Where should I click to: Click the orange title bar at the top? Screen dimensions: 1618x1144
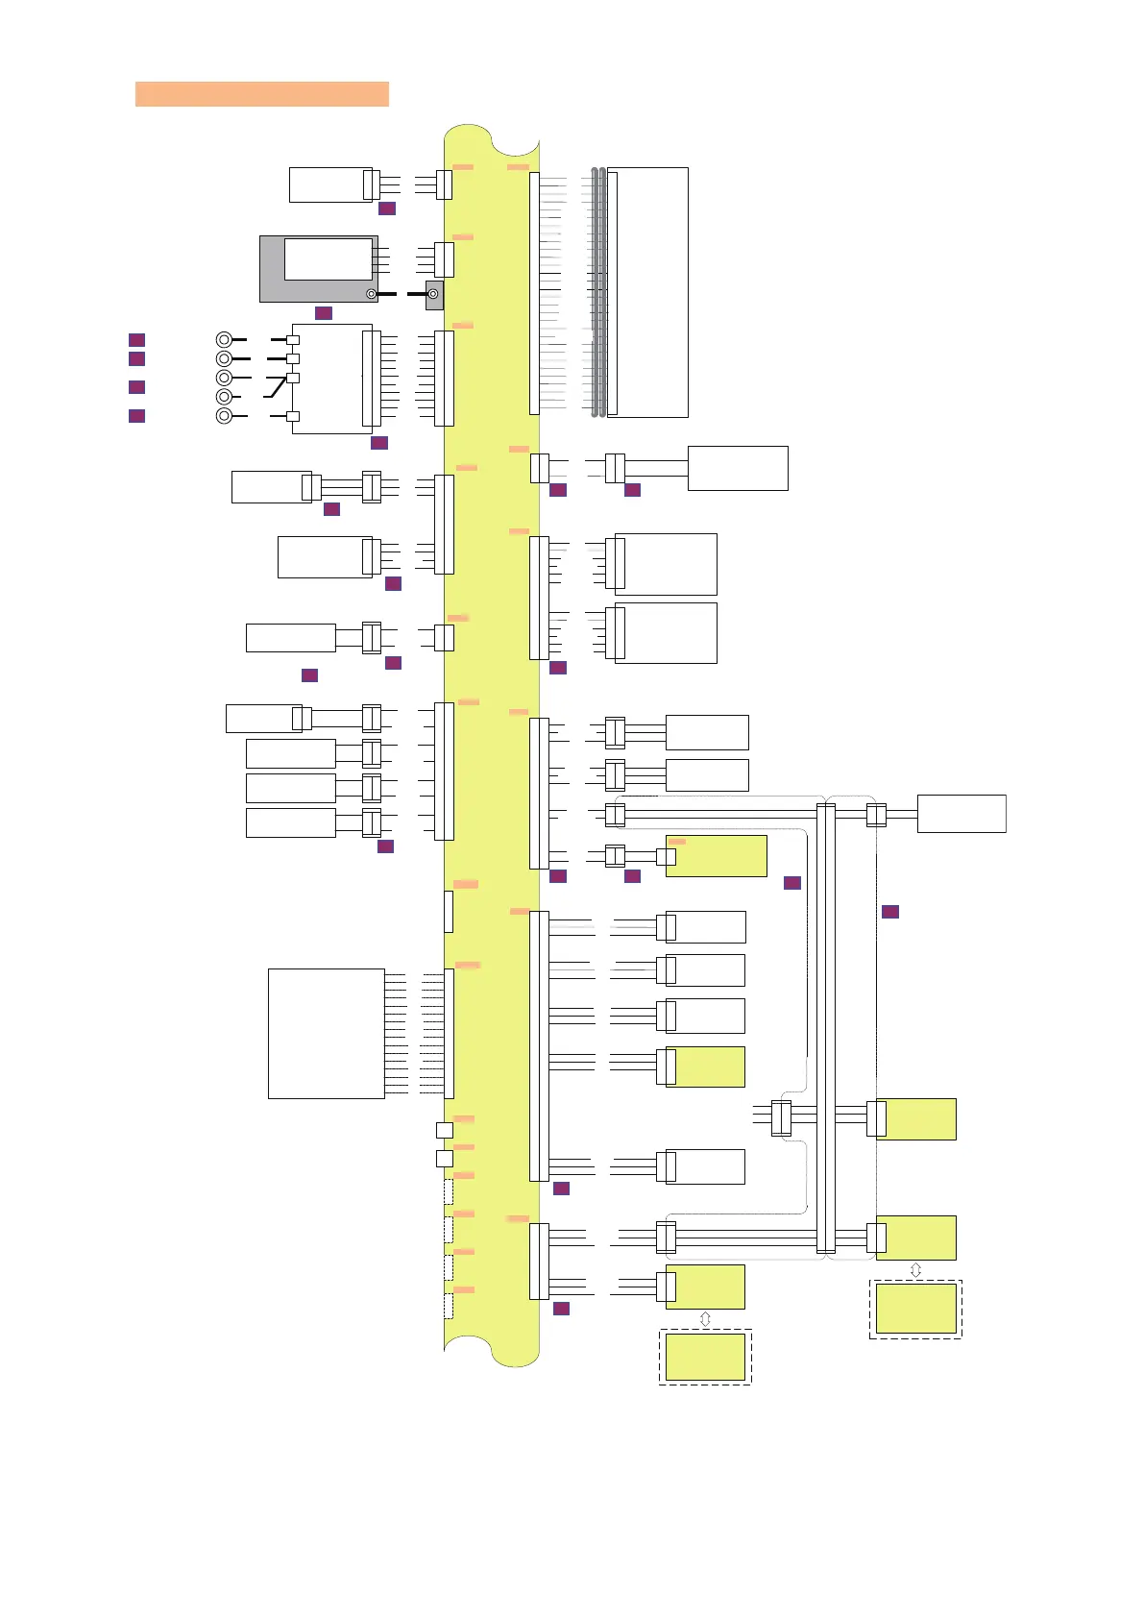(x=261, y=93)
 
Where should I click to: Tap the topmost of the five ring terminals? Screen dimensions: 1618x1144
(x=224, y=339)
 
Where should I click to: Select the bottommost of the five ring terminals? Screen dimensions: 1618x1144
(x=224, y=415)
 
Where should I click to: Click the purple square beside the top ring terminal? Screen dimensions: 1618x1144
(x=137, y=339)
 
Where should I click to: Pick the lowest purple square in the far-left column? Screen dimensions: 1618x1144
(x=137, y=415)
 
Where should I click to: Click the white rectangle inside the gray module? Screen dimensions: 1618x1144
(x=328, y=259)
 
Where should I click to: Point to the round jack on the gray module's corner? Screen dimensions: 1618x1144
(x=372, y=293)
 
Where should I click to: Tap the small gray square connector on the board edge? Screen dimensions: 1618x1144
(x=434, y=294)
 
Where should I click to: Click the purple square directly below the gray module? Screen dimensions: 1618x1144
(x=324, y=313)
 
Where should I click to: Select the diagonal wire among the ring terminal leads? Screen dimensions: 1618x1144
(x=276, y=388)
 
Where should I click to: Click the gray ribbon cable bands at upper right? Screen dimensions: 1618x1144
(x=598, y=292)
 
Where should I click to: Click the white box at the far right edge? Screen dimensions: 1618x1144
(x=961, y=813)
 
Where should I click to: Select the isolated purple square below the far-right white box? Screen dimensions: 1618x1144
(x=890, y=911)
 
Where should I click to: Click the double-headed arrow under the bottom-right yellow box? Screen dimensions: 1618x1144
(x=915, y=1269)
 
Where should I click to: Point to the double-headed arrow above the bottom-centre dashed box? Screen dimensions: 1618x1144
(x=705, y=1319)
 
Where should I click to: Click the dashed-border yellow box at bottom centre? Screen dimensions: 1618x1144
(x=705, y=1357)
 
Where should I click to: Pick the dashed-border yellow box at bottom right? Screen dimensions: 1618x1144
(x=915, y=1309)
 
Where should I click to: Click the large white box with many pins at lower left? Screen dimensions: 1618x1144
(x=326, y=1033)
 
